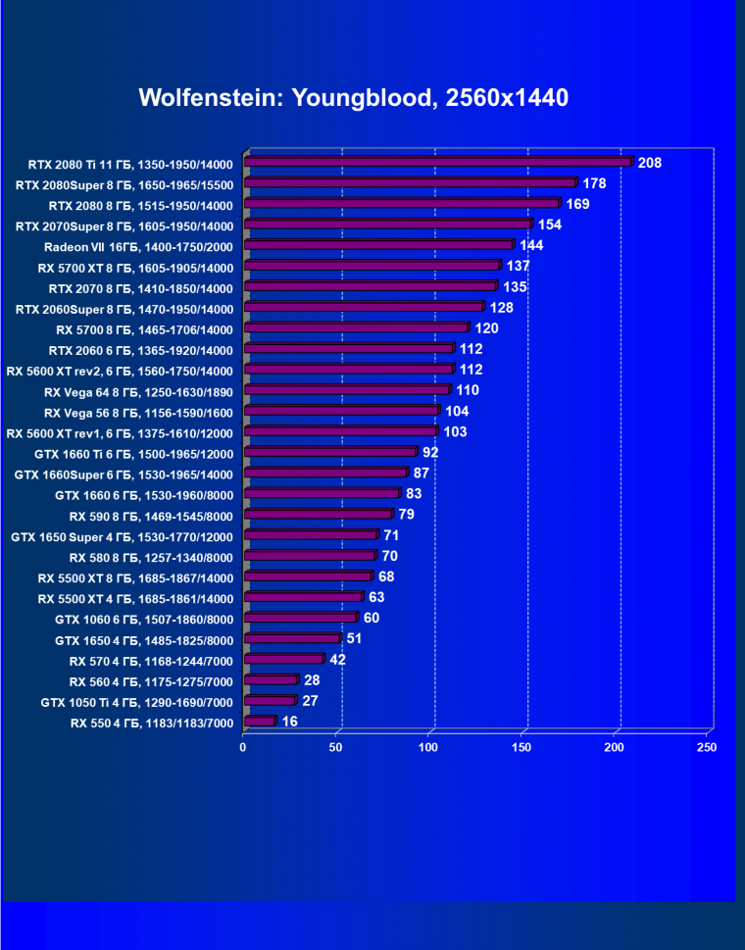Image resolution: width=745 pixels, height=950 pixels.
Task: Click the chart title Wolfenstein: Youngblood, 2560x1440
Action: tap(353, 98)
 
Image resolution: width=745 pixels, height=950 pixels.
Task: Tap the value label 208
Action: tap(649, 163)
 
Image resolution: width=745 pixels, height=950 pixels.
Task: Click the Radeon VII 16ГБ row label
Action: tap(138, 246)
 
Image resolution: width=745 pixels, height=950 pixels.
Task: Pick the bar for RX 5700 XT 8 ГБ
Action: tap(372, 266)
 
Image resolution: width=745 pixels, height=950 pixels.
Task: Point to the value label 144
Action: tap(530, 245)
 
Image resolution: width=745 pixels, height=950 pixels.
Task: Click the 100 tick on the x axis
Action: tap(428, 748)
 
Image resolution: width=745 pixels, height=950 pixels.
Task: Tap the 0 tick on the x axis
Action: tap(243, 748)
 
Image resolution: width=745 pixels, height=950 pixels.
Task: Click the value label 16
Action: tap(289, 722)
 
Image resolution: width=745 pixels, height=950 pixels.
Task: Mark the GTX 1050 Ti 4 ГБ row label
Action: tap(136, 702)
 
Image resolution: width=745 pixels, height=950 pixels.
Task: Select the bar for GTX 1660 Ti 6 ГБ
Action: tap(330, 452)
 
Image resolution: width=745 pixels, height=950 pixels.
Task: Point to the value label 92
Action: tap(430, 452)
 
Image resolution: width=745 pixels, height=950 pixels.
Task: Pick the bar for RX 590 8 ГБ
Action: tap(318, 514)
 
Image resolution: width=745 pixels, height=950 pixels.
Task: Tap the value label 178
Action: tap(594, 183)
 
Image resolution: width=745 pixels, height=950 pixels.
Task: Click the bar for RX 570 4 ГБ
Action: tap(283, 660)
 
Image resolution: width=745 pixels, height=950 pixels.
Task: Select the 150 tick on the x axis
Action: tap(521, 748)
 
